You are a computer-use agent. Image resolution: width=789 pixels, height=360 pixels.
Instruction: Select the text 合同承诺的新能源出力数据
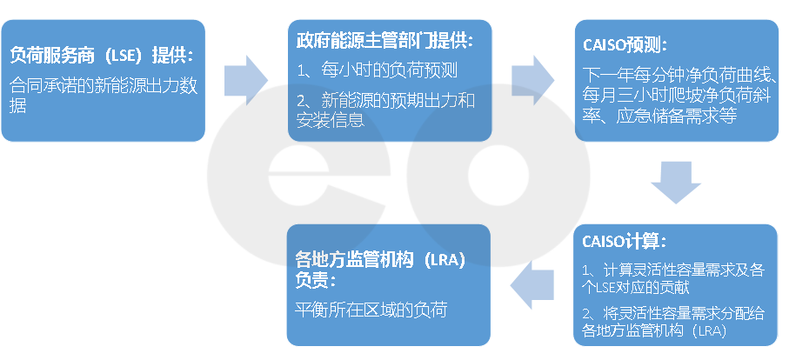point(102,96)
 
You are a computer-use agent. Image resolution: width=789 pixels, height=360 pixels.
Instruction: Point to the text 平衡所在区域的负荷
point(371,310)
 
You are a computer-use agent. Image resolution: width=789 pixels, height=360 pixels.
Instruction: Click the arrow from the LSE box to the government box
point(246,78)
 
